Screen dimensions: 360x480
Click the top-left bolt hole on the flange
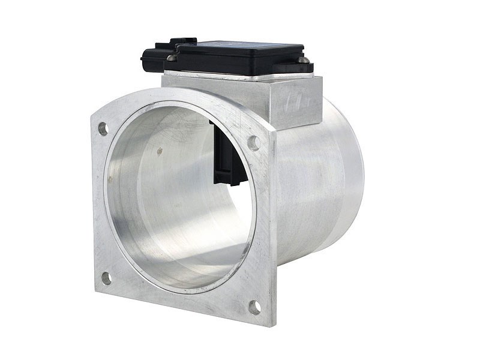[x=103, y=128]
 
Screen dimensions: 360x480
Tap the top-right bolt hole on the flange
[x=253, y=143]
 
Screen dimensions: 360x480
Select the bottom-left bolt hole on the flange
[x=106, y=278]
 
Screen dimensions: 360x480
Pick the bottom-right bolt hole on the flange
[x=254, y=307]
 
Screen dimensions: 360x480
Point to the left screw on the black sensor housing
[x=171, y=58]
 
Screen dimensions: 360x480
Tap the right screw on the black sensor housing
[x=304, y=60]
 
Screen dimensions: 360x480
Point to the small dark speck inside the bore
[x=159, y=152]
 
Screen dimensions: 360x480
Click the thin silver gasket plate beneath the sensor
[x=240, y=76]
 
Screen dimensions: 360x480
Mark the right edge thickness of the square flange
[x=273, y=228]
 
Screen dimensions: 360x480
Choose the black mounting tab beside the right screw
[x=307, y=67]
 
